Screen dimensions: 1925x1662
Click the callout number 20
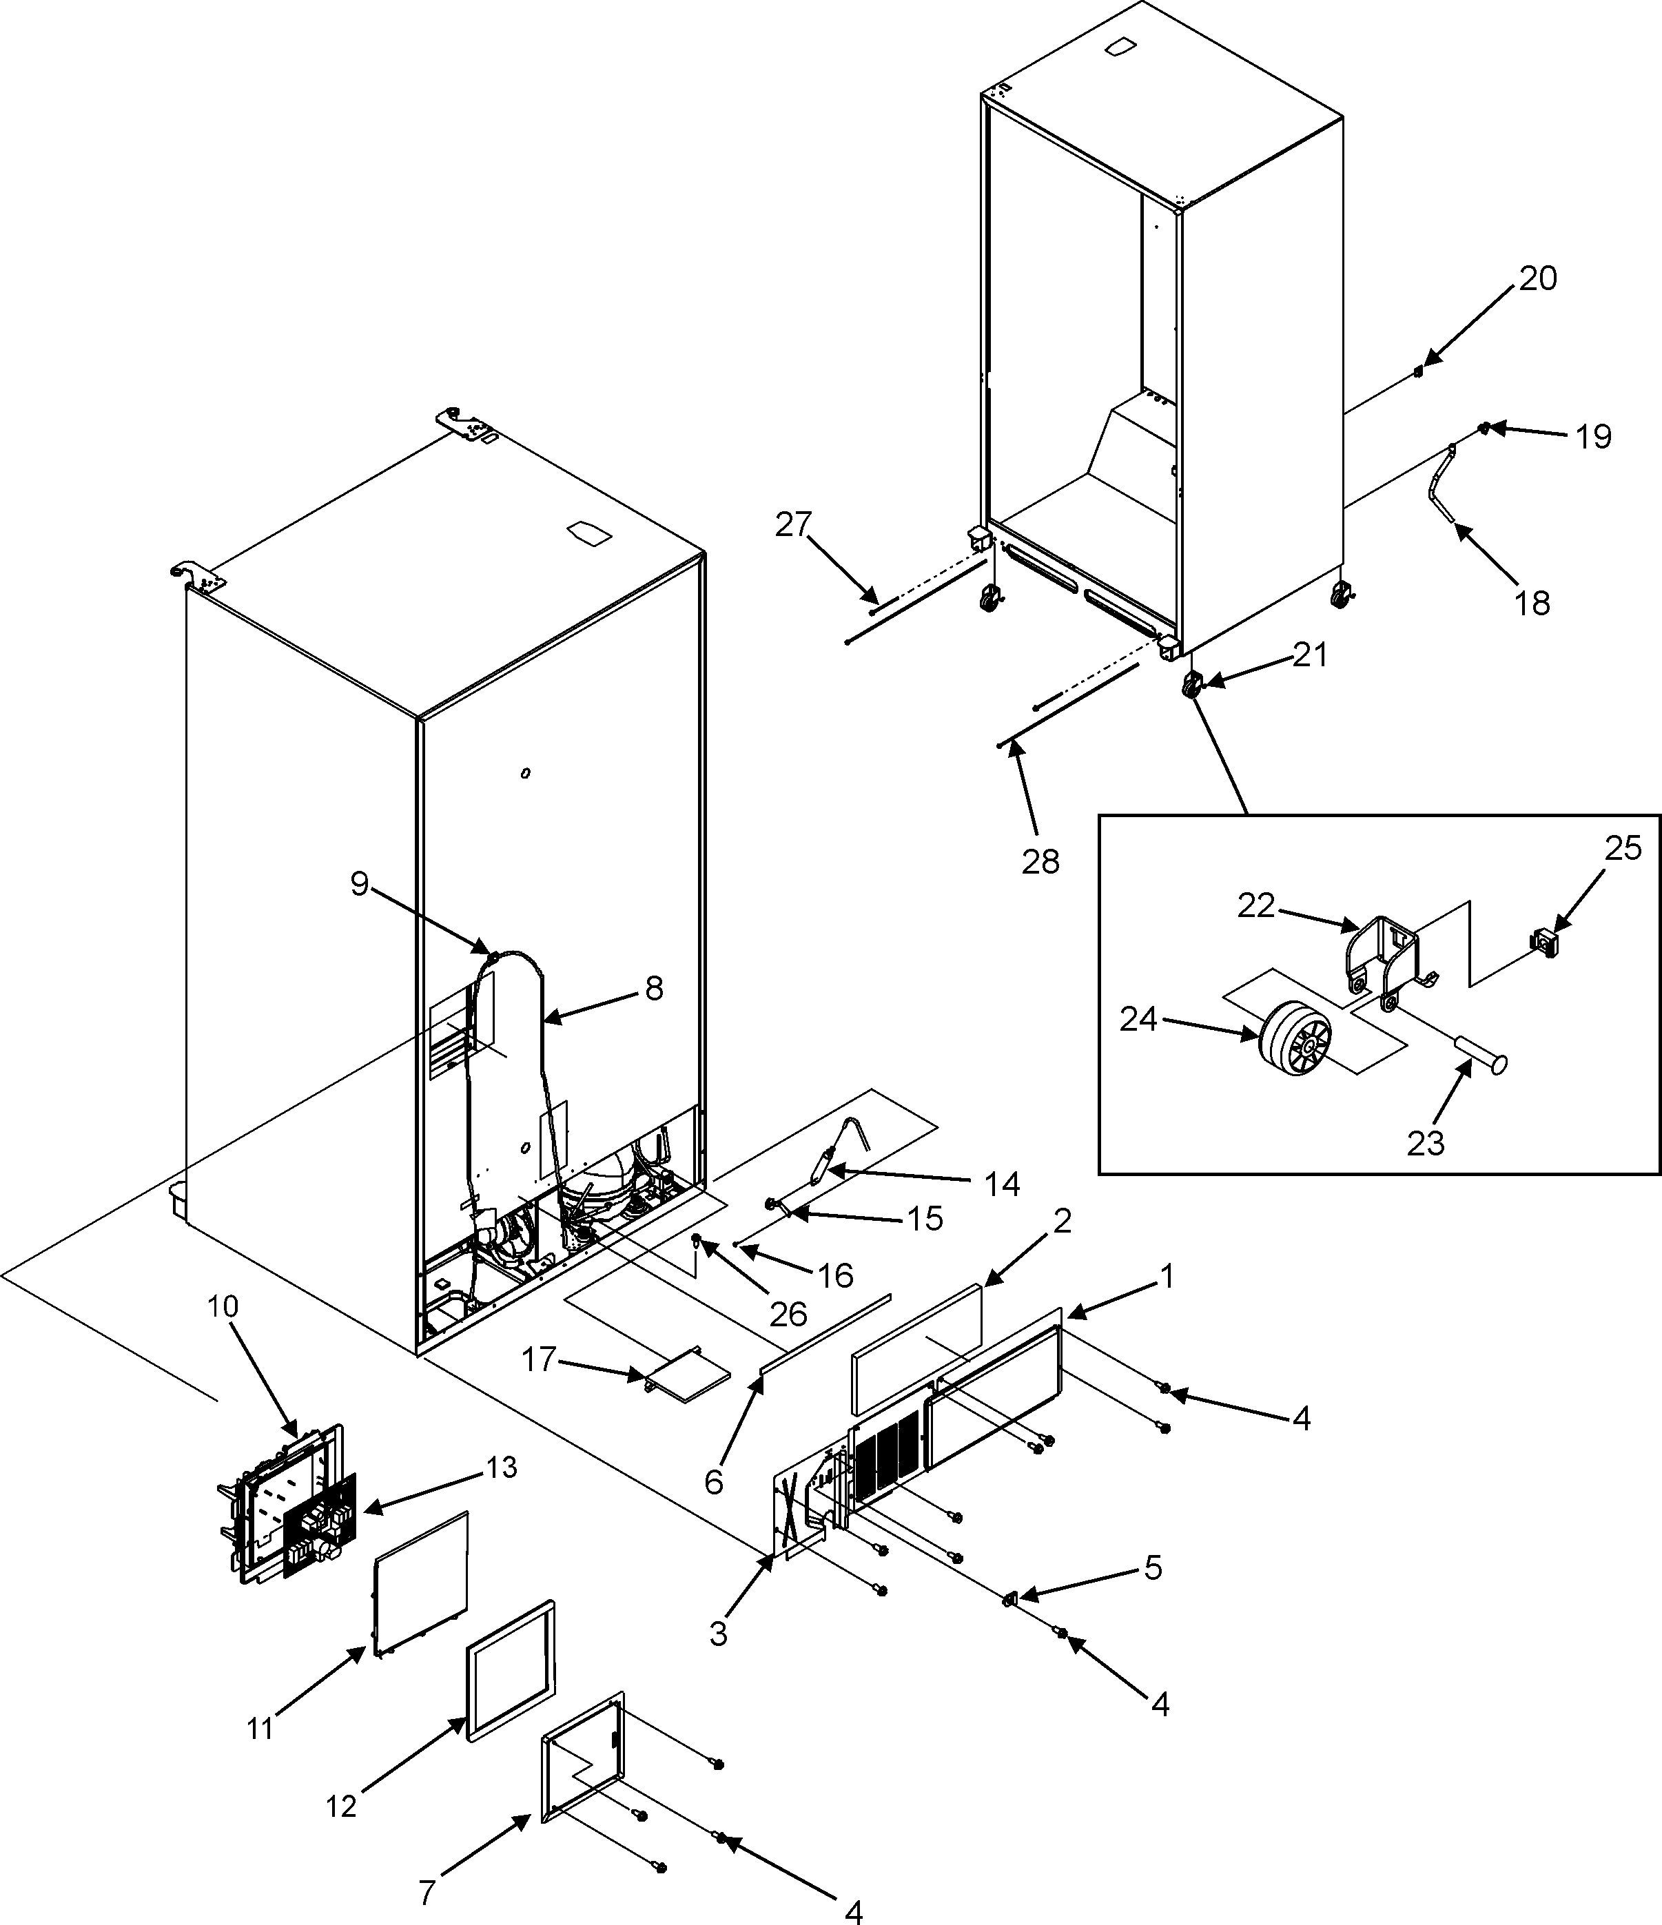tap(1537, 279)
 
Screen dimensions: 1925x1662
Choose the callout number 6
tap(712, 1483)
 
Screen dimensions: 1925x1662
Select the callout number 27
tap(794, 525)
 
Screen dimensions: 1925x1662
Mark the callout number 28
tap(1040, 862)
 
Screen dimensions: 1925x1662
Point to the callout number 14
tap(1001, 1184)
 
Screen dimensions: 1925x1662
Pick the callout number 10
tap(223, 1306)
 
